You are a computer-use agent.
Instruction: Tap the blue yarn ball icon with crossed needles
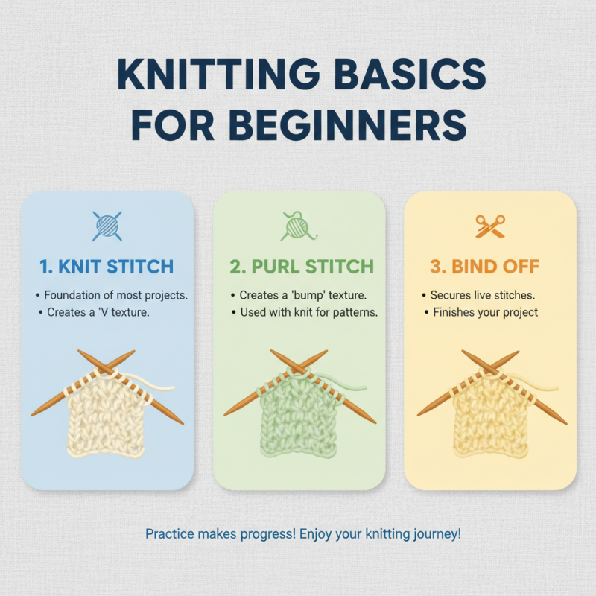click(107, 226)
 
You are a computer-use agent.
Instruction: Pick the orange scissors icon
click(489, 226)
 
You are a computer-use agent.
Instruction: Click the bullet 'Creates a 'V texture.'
click(97, 312)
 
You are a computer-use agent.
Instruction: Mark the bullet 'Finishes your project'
click(485, 312)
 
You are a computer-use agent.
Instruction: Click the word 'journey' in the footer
click(436, 534)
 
